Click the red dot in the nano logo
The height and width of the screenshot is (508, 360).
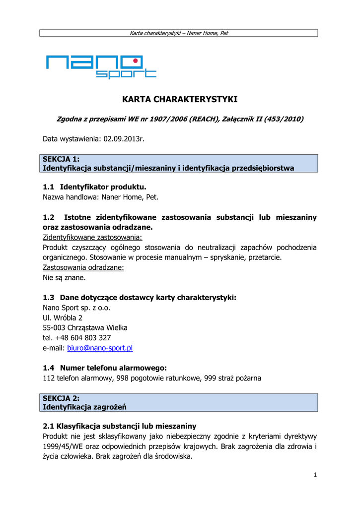pos(135,61)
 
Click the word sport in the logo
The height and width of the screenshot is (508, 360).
pos(126,74)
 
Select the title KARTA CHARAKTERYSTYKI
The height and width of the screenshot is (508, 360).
pos(180,100)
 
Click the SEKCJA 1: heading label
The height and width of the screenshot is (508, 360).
pos(61,159)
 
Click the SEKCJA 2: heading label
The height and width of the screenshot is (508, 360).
pos(61,398)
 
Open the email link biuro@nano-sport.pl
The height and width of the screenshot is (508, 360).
pos(100,348)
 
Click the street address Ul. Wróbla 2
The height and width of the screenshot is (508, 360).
pos(63,317)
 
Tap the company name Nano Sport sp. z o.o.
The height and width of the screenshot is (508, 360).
pos(76,308)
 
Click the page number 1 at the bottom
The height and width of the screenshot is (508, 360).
pos(315,475)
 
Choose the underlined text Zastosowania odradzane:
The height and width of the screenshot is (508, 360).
pos(83,267)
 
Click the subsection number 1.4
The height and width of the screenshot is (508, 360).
pos(49,368)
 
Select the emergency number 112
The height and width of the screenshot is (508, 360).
pos(49,378)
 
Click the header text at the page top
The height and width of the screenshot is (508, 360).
pos(179,33)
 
